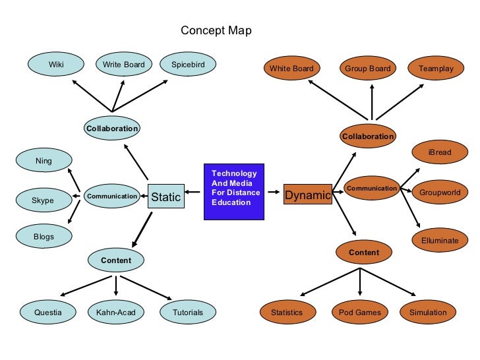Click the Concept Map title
(216, 30)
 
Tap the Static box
(165, 196)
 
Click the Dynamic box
(307, 195)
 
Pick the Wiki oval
(56, 65)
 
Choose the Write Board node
(124, 65)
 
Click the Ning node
(44, 160)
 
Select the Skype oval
(44, 200)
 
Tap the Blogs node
(44, 236)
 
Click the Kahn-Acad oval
(115, 312)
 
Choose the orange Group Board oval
(367, 69)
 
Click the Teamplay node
(436, 69)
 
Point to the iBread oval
(440, 152)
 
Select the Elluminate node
(440, 241)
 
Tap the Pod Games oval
(360, 312)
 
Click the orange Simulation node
(428, 312)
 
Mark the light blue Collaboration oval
(112, 128)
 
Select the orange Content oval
(364, 253)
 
